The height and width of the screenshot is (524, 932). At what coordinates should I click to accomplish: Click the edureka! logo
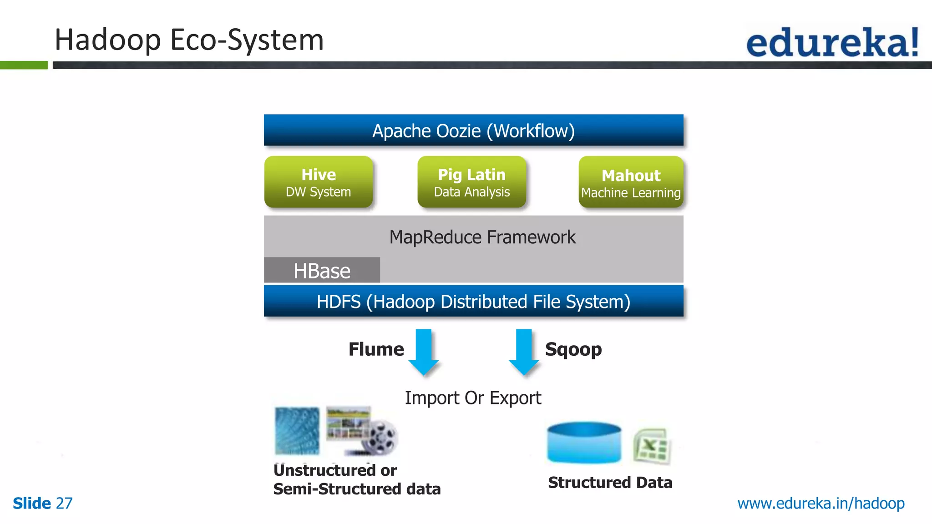click(832, 42)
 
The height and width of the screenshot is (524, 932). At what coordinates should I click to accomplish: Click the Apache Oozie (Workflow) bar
click(473, 131)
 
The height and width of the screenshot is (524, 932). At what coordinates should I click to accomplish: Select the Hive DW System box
click(319, 182)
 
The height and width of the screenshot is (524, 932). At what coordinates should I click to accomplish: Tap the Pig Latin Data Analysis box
click(471, 182)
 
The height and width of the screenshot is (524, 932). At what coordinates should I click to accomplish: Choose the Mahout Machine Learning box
click(631, 182)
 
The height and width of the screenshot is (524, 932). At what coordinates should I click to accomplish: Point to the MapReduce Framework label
click(482, 237)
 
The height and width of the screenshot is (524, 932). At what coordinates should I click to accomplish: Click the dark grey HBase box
click(322, 271)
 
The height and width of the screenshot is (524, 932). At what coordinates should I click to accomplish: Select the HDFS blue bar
click(473, 302)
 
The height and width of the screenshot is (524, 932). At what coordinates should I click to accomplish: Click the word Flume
click(376, 349)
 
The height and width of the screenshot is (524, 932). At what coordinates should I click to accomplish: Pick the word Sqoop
click(573, 349)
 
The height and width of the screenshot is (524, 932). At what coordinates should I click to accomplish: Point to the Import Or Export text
click(473, 398)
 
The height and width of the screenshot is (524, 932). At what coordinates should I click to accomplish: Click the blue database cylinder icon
click(584, 443)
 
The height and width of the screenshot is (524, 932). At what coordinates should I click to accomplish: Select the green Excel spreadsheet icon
click(652, 446)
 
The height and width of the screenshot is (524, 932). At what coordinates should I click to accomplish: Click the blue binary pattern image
click(297, 431)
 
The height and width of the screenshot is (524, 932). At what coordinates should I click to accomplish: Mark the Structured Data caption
click(610, 483)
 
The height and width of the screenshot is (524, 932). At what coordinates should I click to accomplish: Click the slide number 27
click(64, 504)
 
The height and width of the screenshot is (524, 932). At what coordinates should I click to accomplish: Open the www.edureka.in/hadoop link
click(821, 504)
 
